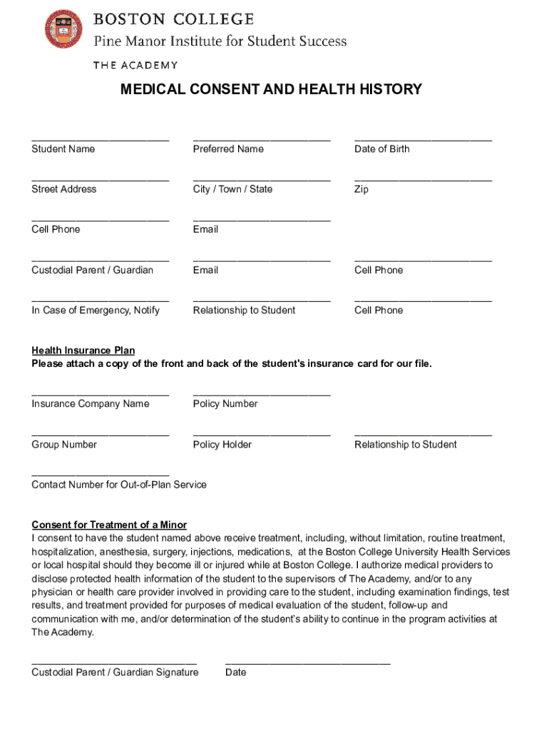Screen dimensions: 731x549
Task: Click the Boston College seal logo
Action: [x=63, y=29]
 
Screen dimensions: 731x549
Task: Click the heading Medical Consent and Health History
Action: [x=271, y=89]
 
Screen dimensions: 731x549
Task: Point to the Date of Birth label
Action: [x=382, y=149]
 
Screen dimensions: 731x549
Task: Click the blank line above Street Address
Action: [x=100, y=179]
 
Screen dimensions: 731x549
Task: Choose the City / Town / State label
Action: [x=232, y=189]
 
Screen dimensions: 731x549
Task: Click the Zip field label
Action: [x=361, y=190]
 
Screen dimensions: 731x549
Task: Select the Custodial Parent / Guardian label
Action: [x=92, y=270]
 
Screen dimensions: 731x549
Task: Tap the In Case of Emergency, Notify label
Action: [x=96, y=311]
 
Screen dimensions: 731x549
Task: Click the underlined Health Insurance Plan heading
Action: [x=83, y=351]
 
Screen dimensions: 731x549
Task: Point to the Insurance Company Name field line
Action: [x=100, y=394]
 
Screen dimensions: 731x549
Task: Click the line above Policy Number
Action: [x=262, y=394]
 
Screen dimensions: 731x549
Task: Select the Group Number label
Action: [x=64, y=445]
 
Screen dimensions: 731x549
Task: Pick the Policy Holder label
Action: [x=222, y=445]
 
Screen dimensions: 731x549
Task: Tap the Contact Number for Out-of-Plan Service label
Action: [x=119, y=485]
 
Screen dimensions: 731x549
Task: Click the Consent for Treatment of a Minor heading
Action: [x=109, y=525]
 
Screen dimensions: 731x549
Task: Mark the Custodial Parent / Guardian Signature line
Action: [x=114, y=662]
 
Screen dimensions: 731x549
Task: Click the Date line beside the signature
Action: [x=308, y=662]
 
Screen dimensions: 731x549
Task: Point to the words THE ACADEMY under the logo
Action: [x=135, y=66]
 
